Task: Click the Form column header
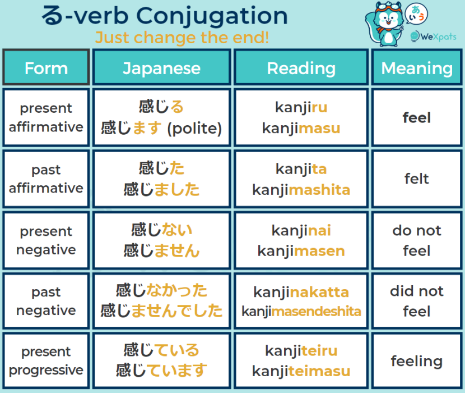pyautogui.click(x=46, y=67)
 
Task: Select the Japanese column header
pyautogui.click(x=161, y=67)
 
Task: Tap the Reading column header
pyautogui.click(x=301, y=67)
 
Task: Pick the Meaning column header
pyautogui.click(x=417, y=67)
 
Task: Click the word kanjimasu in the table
pyautogui.click(x=301, y=129)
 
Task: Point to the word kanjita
pyautogui.click(x=301, y=169)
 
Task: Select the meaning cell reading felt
pyautogui.click(x=417, y=179)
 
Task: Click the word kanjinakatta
pyautogui.click(x=301, y=292)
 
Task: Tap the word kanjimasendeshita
pyautogui.click(x=301, y=312)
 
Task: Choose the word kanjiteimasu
pyautogui.click(x=301, y=371)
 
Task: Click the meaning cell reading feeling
pyautogui.click(x=417, y=362)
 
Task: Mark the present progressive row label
pyautogui.click(x=46, y=361)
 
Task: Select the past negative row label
pyautogui.click(x=46, y=301)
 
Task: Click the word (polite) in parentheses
pyautogui.click(x=194, y=129)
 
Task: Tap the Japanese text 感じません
pyautogui.click(x=161, y=250)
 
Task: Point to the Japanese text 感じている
pyautogui.click(x=161, y=350)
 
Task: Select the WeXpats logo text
pyautogui.click(x=438, y=36)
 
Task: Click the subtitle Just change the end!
pyautogui.click(x=182, y=38)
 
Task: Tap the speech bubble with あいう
pyautogui.click(x=416, y=13)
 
